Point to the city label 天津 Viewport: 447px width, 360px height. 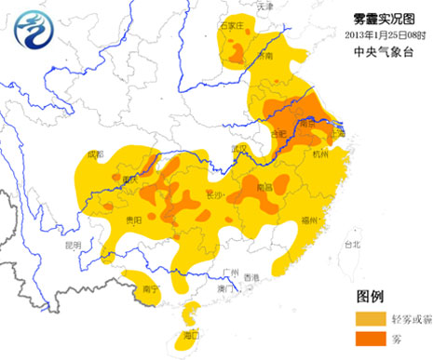(x=266, y=7)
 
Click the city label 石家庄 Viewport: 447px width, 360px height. (x=230, y=27)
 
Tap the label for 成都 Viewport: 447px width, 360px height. (x=94, y=154)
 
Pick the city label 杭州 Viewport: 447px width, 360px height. (x=322, y=154)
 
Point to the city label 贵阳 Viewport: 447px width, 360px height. (x=133, y=220)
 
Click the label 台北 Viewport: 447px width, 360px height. (x=351, y=245)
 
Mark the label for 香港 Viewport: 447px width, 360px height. (x=251, y=277)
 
